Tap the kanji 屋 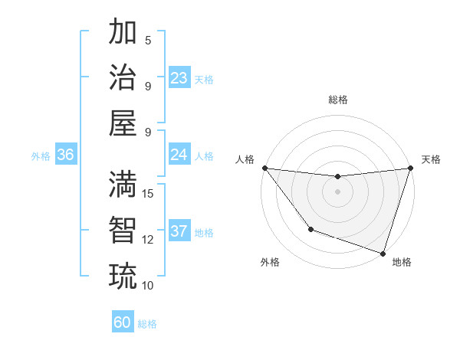pos(123,123)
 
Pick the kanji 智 pos(123,230)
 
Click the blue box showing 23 pos(179,78)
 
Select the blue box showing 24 pos(179,155)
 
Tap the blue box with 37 pos(179,231)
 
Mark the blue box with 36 pos(66,155)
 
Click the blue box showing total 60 pos(123,322)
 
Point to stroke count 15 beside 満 pos(149,193)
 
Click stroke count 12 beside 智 pos(149,239)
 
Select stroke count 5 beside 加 pos(149,40)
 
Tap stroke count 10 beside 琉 pos(149,285)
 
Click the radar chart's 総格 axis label pos(337,100)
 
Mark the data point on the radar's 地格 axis pos(383,253)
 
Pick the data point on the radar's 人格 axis pos(264,168)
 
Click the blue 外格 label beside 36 pos(41,155)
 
